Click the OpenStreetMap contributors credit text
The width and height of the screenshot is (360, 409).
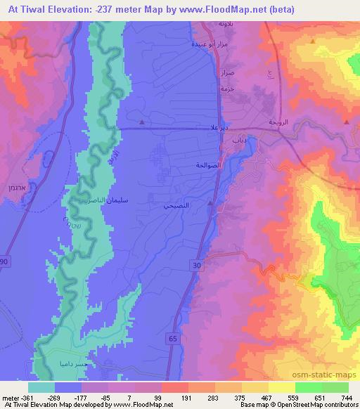point(314,405)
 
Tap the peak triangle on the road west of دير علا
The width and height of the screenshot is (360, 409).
point(143,123)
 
